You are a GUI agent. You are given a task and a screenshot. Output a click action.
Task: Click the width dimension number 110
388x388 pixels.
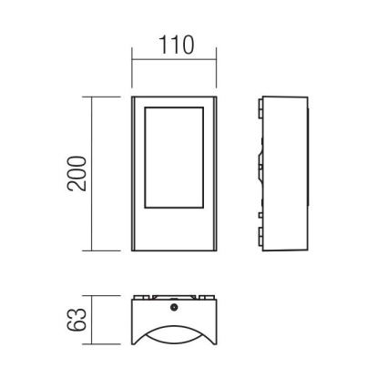coord(175,46)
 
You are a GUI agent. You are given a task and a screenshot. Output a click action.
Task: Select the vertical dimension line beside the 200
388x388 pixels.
coord(95,173)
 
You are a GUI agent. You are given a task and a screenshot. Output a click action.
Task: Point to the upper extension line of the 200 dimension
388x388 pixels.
coord(107,96)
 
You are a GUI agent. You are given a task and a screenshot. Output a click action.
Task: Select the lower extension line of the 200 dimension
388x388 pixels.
coord(107,250)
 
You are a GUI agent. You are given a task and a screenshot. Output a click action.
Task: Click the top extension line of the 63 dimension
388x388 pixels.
coord(107,295)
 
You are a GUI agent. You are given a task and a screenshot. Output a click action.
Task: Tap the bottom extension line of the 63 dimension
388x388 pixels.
coord(107,345)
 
